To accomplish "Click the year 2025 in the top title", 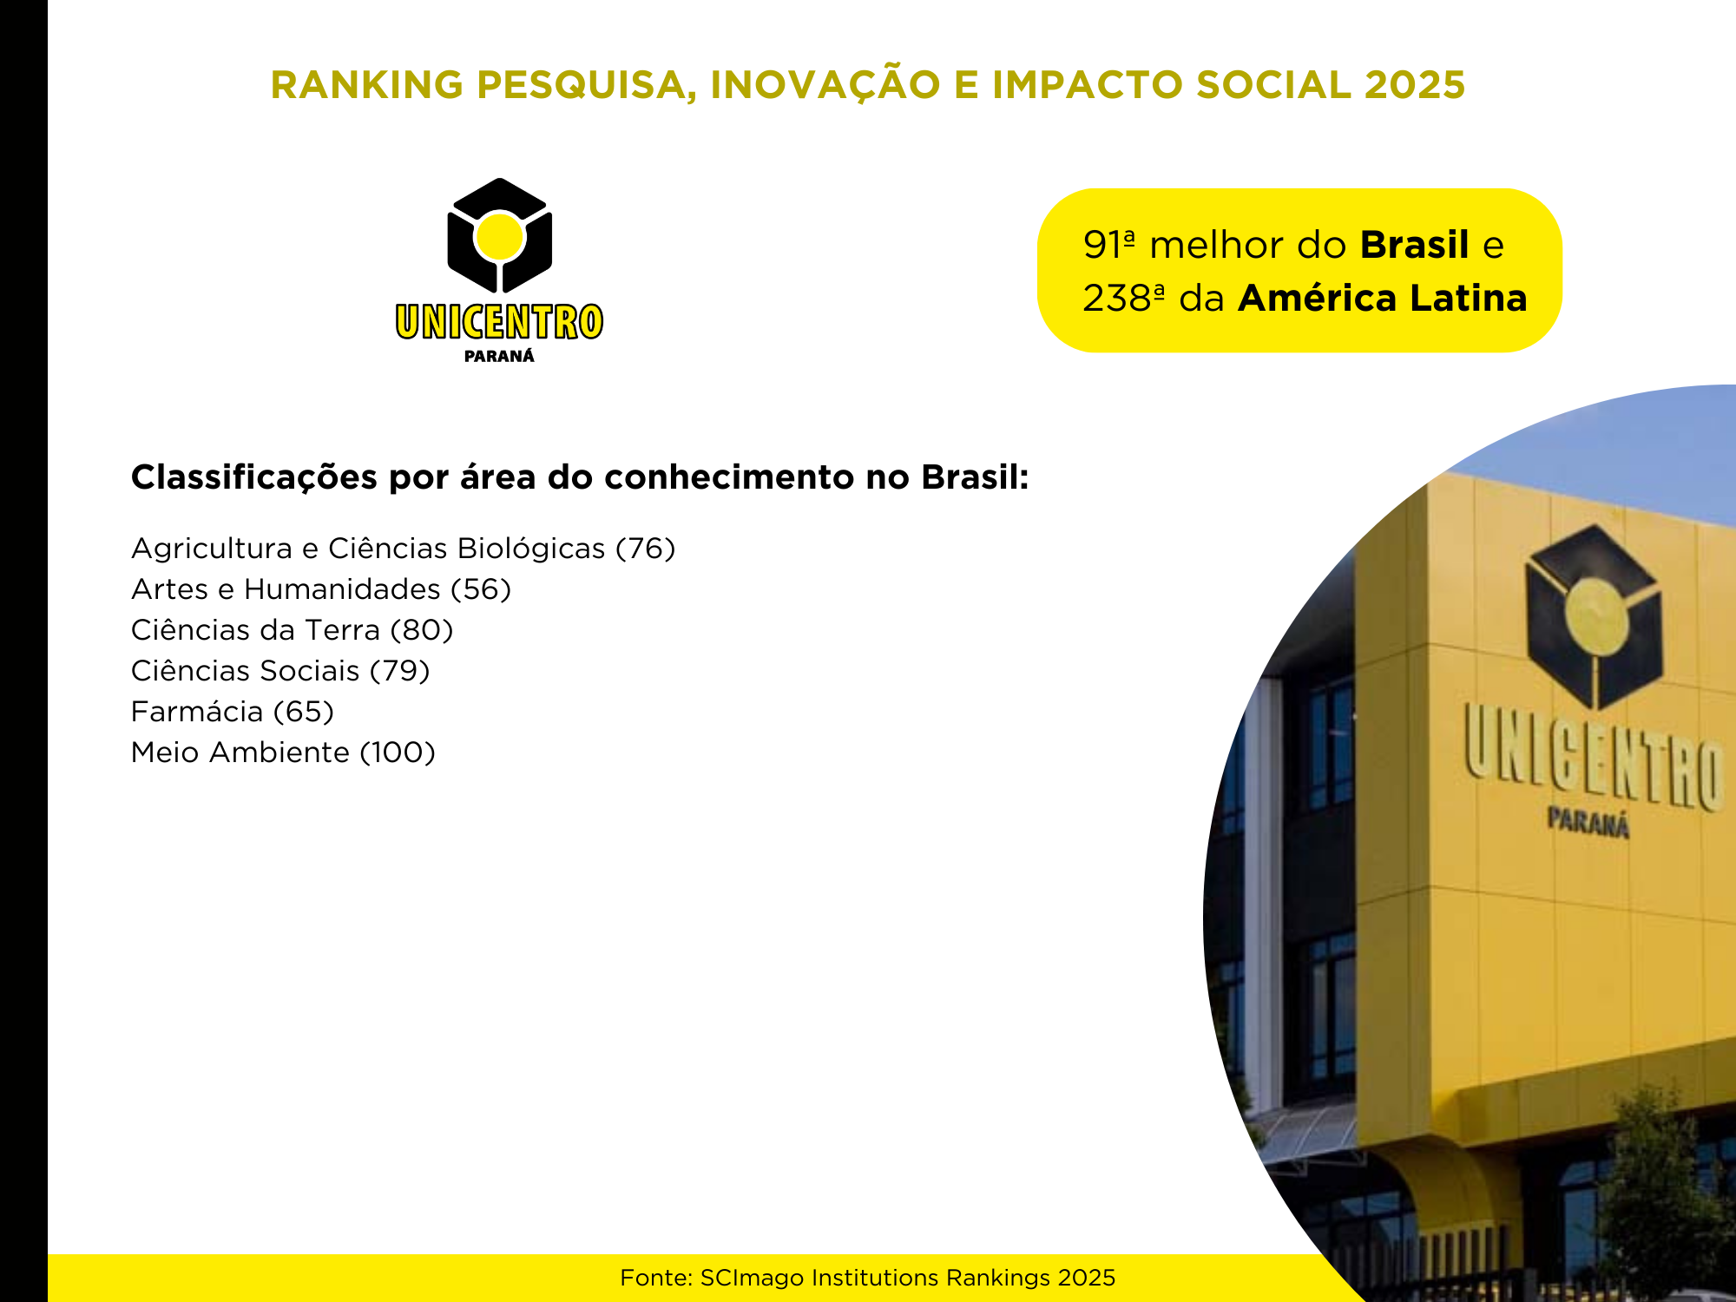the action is tap(1415, 84).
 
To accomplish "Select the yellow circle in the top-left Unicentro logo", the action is tap(500, 235).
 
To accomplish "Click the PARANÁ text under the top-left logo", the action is tap(499, 355).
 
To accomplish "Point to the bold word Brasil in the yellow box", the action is tap(1415, 245).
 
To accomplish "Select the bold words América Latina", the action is tap(1383, 298).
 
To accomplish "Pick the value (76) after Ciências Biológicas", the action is tap(645, 549).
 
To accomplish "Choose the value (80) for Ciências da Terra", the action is tap(422, 630).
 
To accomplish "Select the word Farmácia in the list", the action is tap(197, 711).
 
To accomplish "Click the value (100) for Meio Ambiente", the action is tap(398, 753).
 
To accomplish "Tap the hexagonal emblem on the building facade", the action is tap(1594, 617).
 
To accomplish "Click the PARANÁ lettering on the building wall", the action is tap(1588, 822).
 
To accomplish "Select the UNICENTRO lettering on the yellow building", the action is tap(1593, 756).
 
